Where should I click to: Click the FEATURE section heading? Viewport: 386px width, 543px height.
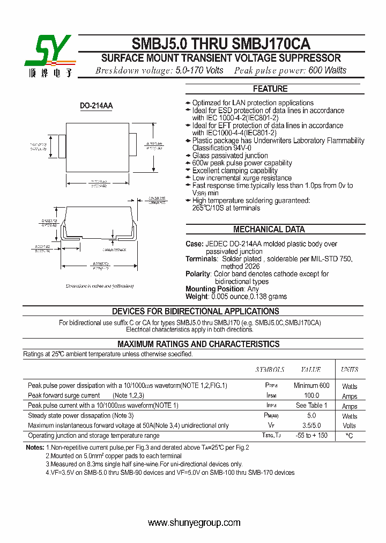pos(270,89)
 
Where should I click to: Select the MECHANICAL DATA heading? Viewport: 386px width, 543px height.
pos(269,230)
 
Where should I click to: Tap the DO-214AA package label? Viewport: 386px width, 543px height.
pos(96,106)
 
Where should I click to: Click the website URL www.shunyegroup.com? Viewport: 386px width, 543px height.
pos(194,523)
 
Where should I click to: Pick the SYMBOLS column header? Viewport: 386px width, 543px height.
pos(270,370)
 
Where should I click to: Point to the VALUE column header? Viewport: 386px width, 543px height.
pos(311,370)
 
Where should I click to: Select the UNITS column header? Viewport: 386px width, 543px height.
pos(350,370)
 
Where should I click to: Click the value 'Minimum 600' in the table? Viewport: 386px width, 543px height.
pos(311,386)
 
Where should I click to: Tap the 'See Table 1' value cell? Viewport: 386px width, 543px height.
pos(311,406)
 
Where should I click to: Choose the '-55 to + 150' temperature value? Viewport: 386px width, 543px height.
pos(311,435)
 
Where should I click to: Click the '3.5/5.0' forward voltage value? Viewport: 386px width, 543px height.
pos(311,425)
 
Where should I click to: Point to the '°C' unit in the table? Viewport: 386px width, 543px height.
pos(350,436)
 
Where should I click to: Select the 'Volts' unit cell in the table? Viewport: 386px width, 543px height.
pos(350,426)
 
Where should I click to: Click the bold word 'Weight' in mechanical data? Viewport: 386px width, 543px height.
pos(197,297)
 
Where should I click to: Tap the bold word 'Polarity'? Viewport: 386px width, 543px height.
pos(198,274)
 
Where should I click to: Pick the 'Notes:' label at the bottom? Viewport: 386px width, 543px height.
pos(35,447)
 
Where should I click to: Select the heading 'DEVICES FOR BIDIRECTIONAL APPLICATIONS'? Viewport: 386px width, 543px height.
pos(195,311)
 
